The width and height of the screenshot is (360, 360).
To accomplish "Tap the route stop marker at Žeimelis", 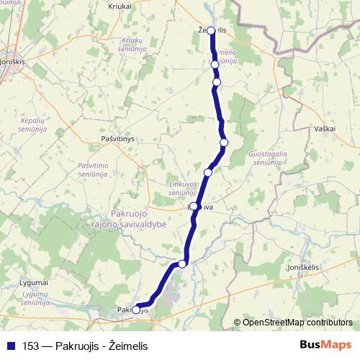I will pyautogui.click(x=212, y=30).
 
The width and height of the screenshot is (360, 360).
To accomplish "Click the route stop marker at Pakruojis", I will pyautogui.click(x=136, y=310).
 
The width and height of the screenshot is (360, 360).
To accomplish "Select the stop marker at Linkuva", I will pyautogui.click(x=194, y=207).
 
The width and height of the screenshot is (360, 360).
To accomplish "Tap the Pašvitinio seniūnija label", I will pyautogui.click(x=93, y=170).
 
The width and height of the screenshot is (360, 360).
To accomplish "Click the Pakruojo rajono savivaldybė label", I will pyautogui.click(x=139, y=219).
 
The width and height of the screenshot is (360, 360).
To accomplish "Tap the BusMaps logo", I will pyautogui.click(x=326, y=346).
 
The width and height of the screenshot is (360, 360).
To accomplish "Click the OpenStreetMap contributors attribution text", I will pyautogui.click(x=297, y=323).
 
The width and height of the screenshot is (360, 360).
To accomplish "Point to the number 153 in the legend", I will pyautogui.click(x=32, y=346).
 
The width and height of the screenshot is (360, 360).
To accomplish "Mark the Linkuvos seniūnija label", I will pyautogui.click(x=183, y=189).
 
